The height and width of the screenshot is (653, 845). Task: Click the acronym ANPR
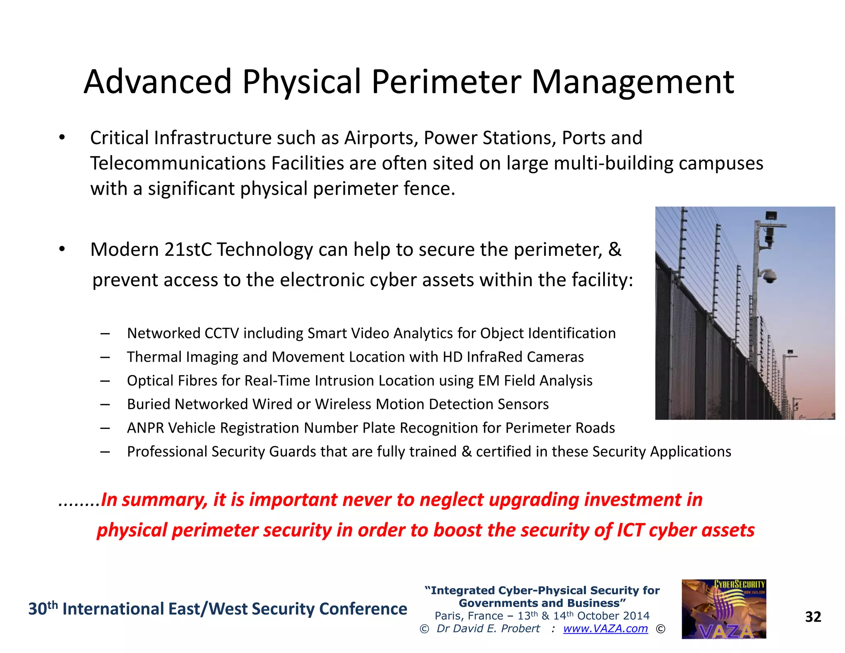pos(145,428)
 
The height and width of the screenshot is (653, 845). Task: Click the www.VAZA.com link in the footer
pos(605,629)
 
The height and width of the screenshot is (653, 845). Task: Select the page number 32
pos(813,617)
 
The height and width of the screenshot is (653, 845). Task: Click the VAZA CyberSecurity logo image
pos(724,609)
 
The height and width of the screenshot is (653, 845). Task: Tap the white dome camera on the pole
pos(768,276)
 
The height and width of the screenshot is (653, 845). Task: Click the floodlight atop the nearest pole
pos(771,216)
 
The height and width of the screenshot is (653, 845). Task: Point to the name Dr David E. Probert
pos(488,629)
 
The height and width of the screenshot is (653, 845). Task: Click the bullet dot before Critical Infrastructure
pos(62,138)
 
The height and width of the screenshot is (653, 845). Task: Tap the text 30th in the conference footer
pos(42,609)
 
